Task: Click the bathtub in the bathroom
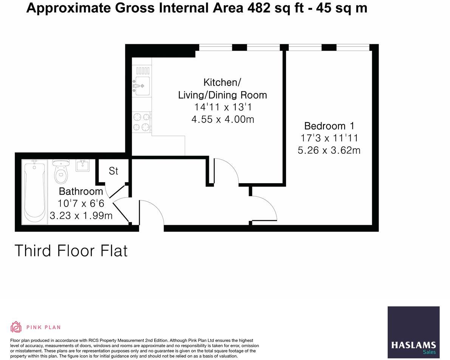click(35, 192)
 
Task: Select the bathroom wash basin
click(83, 165)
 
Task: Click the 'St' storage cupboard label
click(113, 171)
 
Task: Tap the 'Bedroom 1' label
click(330, 126)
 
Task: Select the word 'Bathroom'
click(81, 191)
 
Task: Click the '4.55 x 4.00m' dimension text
click(223, 119)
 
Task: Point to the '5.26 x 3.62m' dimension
click(329, 150)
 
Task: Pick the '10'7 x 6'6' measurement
click(81, 203)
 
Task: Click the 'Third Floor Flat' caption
click(71, 251)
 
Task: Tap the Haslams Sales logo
click(413, 332)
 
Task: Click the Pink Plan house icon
click(16, 327)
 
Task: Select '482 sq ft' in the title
click(271, 8)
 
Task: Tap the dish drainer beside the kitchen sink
click(142, 70)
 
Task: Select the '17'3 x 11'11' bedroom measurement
click(329, 138)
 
